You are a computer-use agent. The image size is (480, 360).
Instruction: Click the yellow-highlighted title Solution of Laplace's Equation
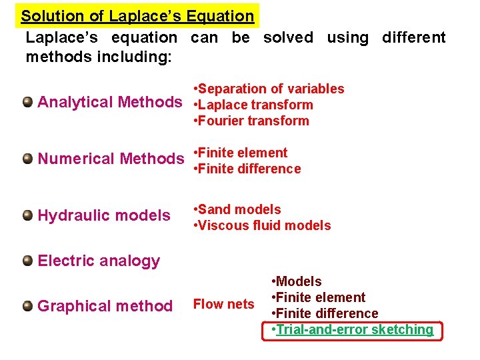pyautogui.click(x=137, y=16)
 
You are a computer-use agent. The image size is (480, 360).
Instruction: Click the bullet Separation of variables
pyautogui.click(x=269, y=89)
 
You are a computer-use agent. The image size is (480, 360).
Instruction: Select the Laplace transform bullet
pyautogui.click(x=253, y=105)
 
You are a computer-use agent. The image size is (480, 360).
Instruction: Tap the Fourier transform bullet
pyautogui.click(x=251, y=121)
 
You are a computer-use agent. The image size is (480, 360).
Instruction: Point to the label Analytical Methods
pyautogui.click(x=110, y=102)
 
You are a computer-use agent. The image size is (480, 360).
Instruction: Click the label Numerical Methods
pyautogui.click(x=111, y=159)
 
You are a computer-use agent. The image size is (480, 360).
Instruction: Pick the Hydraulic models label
pyautogui.click(x=104, y=215)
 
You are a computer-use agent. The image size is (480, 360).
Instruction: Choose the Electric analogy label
pyautogui.click(x=99, y=261)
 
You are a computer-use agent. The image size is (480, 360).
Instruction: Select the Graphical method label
pyautogui.click(x=105, y=306)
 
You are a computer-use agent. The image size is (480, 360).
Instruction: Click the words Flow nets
pyautogui.click(x=223, y=305)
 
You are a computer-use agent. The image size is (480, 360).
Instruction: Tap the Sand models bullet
pyautogui.click(x=237, y=209)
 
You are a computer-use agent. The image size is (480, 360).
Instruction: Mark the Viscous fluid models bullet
pyautogui.click(x=262, y=225)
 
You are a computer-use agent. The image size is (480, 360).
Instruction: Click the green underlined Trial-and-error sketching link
pyautogui.click(x=353, y=329)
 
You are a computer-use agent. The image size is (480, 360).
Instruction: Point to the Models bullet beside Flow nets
pyautogui.click(x=296, y=281)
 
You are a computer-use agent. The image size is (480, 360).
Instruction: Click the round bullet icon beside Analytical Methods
pyautogui.click(x=27, y=102)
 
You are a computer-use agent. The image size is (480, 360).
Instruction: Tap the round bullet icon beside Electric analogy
pyautogui.click(x=27, y=261)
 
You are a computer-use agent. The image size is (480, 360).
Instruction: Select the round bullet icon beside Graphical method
pyautogui.click(x=27, y=306)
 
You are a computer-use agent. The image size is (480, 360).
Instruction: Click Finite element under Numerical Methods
pyautogui.click(x=241, y=153)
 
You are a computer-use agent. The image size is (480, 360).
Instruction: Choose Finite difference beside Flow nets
pyautogui.click(x=325, y=313)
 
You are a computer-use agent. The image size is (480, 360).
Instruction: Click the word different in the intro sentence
pyautogui.click(x=413, y=38)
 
